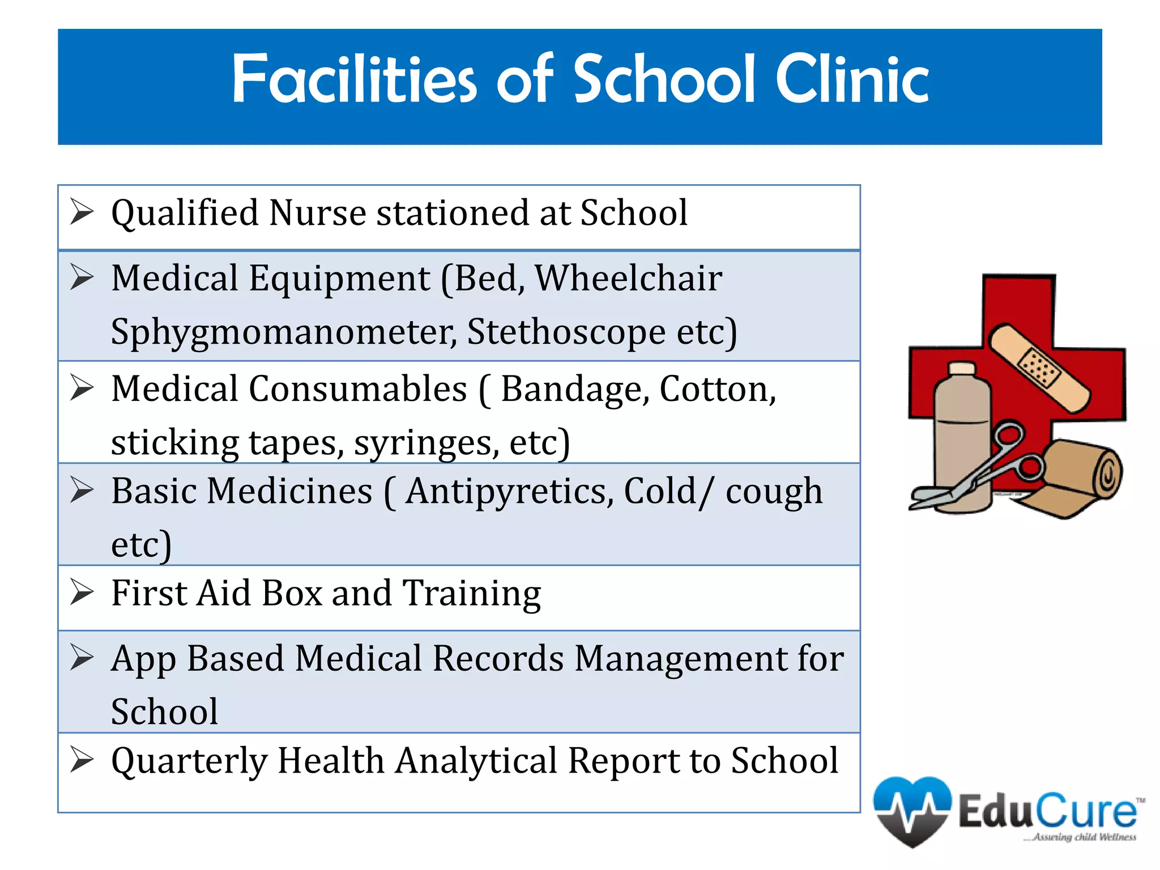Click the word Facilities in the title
[x=354, y=79]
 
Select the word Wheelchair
[x=629, y=279]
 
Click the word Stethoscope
[x=566, y=331]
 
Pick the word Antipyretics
[x=510, y=491]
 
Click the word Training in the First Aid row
[x=471, y=594]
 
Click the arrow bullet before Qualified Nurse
[x=82, y=213]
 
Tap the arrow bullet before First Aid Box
[x=82, y=593]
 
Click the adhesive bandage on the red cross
[x=1039, y=368]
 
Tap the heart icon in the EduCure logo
[x=912, y=810]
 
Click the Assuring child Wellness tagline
[x=1082, y=837]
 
